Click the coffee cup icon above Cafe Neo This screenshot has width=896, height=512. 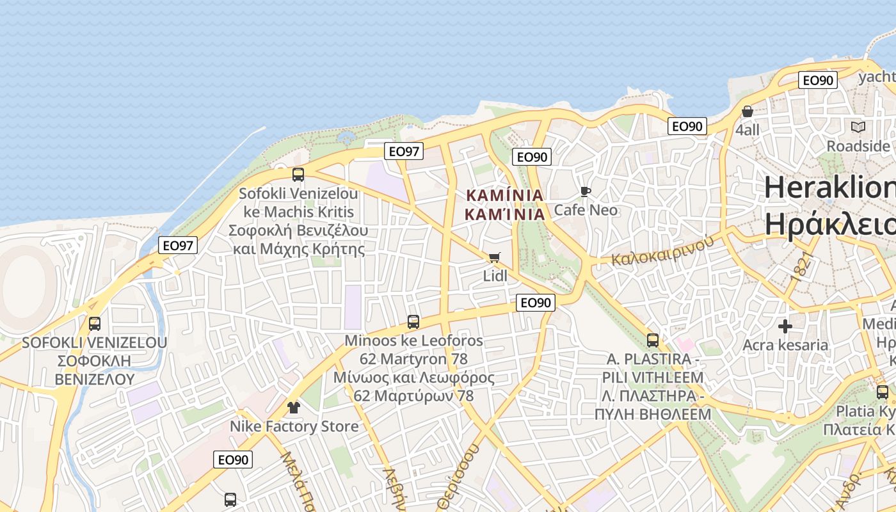click(x=584, y=191)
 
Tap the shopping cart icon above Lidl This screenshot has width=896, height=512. click(x=493, y=257)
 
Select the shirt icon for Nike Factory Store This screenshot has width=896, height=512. click(x=293, y=407)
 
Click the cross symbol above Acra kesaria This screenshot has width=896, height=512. click(x=785, y=326)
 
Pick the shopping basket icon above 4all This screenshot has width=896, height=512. click(x=747, y=111)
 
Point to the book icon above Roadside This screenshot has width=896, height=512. click(x=858, y=127)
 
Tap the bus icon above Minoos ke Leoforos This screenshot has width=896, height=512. click(x=413, y=322)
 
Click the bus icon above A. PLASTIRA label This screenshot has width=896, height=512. click(x=653, y=340)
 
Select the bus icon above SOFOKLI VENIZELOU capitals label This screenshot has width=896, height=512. click(x=95, y=324)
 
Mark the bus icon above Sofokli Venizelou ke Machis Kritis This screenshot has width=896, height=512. click(x=298, y=174)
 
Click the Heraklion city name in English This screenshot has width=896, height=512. click(x=829, y=188)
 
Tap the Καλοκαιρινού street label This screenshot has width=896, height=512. click(x=662, y=250)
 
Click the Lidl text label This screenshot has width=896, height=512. click(x=495, y=276)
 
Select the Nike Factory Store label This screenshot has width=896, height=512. click(x=294, y=426)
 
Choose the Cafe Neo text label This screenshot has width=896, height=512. click(x=586, y=210)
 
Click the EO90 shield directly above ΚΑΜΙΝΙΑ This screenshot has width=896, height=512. click(x=532, y=157)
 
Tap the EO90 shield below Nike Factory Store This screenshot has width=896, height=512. click(x=233, y=460)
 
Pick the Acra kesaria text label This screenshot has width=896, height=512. click(x=785, y=346)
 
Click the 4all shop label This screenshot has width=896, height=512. click(x=748, y=130)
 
